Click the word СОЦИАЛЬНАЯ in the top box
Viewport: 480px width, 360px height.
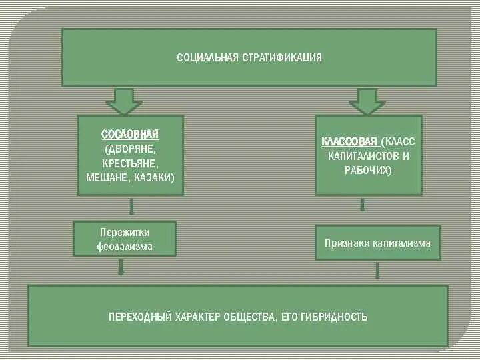[207, 58]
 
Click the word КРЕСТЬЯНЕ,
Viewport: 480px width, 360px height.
[130, 163]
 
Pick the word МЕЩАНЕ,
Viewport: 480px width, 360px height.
[109, 178]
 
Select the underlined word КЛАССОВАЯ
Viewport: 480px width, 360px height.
[350, 143]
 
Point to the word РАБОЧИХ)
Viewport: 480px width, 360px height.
[369, 171]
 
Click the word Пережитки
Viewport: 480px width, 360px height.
[125, 232]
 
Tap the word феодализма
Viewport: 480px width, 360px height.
[125, 246]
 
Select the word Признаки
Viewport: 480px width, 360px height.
[347, 243]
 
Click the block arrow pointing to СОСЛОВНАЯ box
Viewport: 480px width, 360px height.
[123, 101]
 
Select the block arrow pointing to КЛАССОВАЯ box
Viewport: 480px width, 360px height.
[367, 101]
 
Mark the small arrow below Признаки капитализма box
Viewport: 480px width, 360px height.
[377, 271]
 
